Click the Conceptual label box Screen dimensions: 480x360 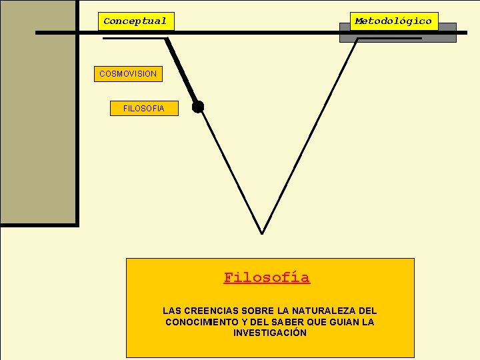tap(135, 21)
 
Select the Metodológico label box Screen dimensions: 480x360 tap(393, 21)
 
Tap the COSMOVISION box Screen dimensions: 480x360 tap(127, 74)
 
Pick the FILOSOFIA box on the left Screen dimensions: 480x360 tap(144, 109)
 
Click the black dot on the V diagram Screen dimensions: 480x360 tap(198, 107)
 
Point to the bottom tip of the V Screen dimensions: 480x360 tap(261, 232)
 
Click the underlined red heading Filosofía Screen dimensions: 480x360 tap(267, 277)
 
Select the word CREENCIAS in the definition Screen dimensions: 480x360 tap(207, 311)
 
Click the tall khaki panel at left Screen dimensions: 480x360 tap(38, 113)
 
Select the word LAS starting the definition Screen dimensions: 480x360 tap(171, 311)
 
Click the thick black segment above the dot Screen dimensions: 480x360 tap(181, 70)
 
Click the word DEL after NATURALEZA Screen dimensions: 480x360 tap(367, 311)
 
